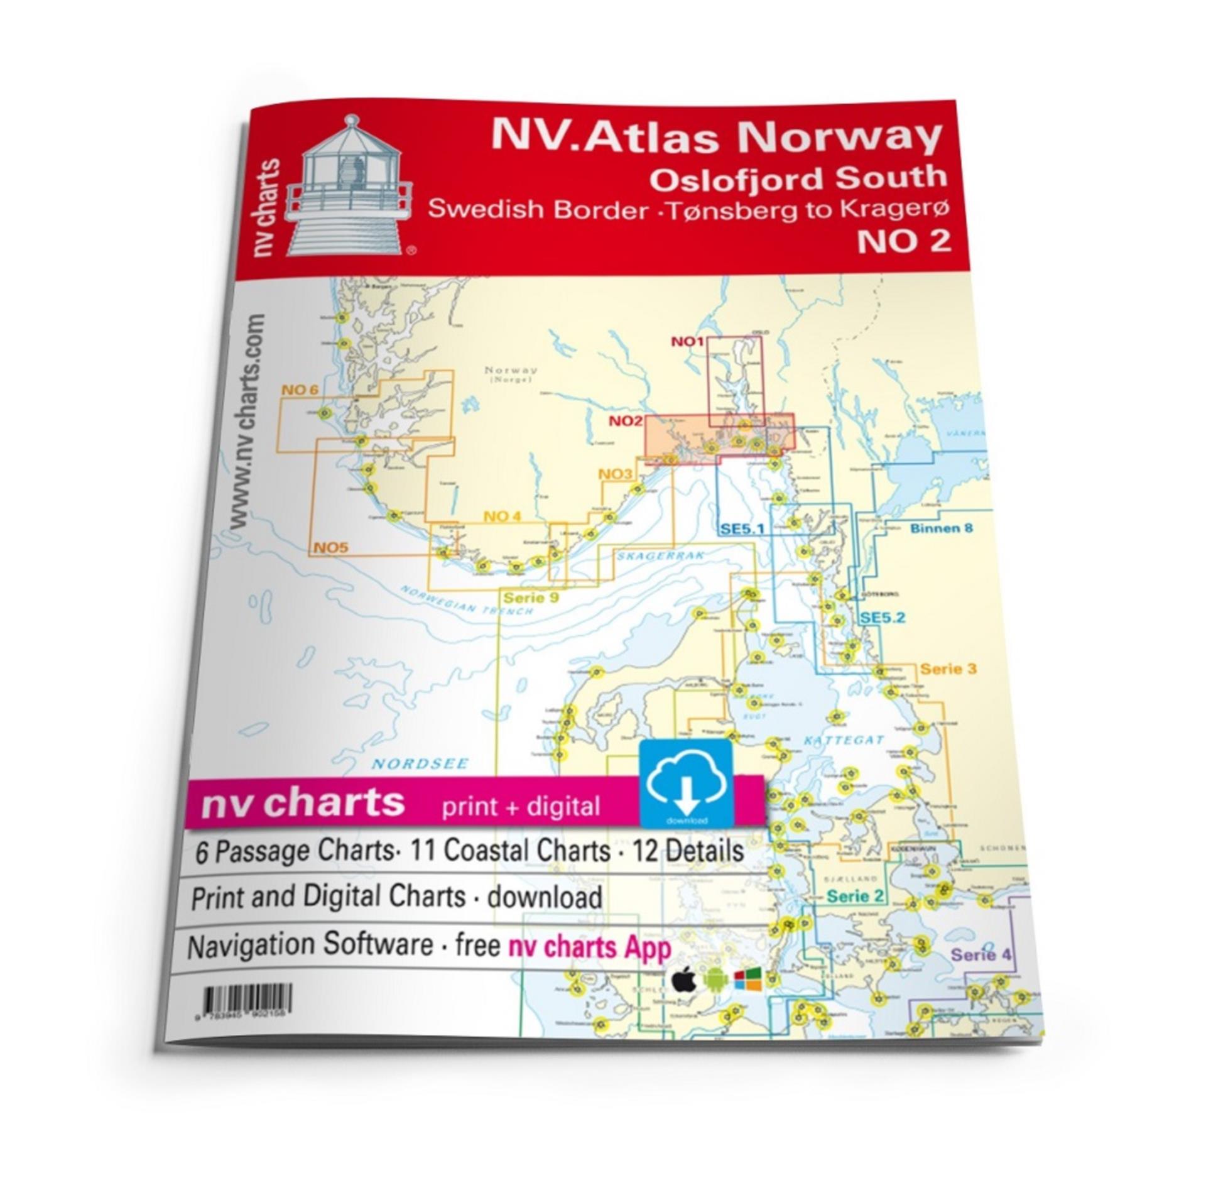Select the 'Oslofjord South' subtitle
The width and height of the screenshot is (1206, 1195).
coord(798,178)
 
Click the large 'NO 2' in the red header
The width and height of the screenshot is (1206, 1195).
coord(903,241)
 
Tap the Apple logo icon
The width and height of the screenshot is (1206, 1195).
coord(685,980)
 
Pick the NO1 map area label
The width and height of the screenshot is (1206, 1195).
coord(687,342)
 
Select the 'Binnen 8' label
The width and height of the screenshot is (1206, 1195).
coord(941,528)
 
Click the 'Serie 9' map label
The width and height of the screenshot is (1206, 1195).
coord(531,597)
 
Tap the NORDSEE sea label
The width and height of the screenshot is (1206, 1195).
coord(420,764)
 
